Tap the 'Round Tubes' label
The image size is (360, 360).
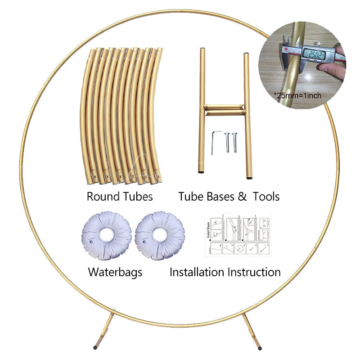pyautogui.click(x=120, y=197)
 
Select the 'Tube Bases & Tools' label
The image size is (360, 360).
pyautogui.click(x=229, y=197)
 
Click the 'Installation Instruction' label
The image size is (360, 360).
pyautogui.click(x=225, y=272)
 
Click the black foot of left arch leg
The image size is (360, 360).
pyautogui.click(x=95, y=347)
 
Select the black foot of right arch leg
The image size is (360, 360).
pyautogui.click(x=260, y=347)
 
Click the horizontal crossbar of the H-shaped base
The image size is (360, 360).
pyautogui.click(x=224, y=109)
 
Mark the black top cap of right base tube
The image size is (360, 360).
pyautogui.click(x=247, y=55)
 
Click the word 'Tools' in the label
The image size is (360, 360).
pyautogui.click(x=266, y=197)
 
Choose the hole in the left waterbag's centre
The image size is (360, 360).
pyautogui.click(x=106, y=234)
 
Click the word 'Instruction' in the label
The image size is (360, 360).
pyautogui.click(x=254, y=272)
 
